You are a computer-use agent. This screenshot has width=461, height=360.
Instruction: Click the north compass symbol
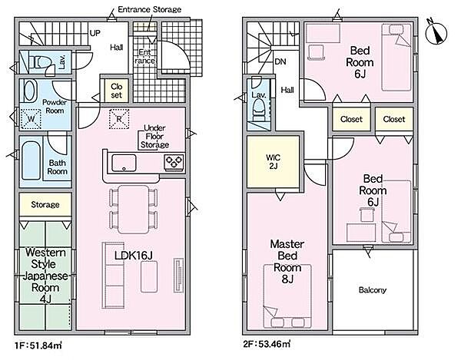pyautogui.click(x=436, y=31)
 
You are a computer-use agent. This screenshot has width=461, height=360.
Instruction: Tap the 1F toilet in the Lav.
pyautogui.click(x=41, y=62)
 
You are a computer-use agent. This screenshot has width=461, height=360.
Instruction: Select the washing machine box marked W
pyautogui.click(x=31, y=118)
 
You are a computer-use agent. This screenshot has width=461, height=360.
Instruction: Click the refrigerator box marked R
pyautogui.click(x=119, y=119)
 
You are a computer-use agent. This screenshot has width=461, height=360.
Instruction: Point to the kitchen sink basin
pyautogui.click(x=124, y=163)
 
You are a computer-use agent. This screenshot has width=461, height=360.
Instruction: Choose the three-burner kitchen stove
pyautogui.click(x=174, y=162)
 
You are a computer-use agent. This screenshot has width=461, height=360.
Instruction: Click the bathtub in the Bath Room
pyautogui.click(x=31, y=160)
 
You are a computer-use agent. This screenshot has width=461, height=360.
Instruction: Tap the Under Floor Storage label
pyautogui.click(x=154, y=137)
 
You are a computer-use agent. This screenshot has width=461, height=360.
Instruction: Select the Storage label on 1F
pyautogui.click(x=45, y=204)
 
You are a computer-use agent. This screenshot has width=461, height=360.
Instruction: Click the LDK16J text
pyautogui.click(x=134, y=256)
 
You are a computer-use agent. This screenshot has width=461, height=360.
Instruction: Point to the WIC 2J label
pyautogui.click(x=273, y=162)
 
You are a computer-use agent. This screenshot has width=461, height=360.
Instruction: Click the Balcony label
pyautogui.click(x=373, y=290)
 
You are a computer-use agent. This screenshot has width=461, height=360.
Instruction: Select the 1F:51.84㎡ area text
pyautogui.click(x=38, y=345)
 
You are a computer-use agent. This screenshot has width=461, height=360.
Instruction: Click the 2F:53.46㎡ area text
pyautogui.click(x=267, y=343)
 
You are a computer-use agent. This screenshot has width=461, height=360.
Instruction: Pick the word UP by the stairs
pyautogui.click(x=95, y=33)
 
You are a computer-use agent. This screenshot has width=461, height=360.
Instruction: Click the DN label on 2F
pyautogui.click(x=280, y=61)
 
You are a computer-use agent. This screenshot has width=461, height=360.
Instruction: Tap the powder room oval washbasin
pyautogui.click(x=30, y=91)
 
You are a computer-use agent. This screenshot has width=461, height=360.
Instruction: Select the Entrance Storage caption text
pyautogui.click(x=149, y=9)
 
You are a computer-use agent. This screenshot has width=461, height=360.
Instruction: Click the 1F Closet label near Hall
pyautogui.click(x=117, y=91)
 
